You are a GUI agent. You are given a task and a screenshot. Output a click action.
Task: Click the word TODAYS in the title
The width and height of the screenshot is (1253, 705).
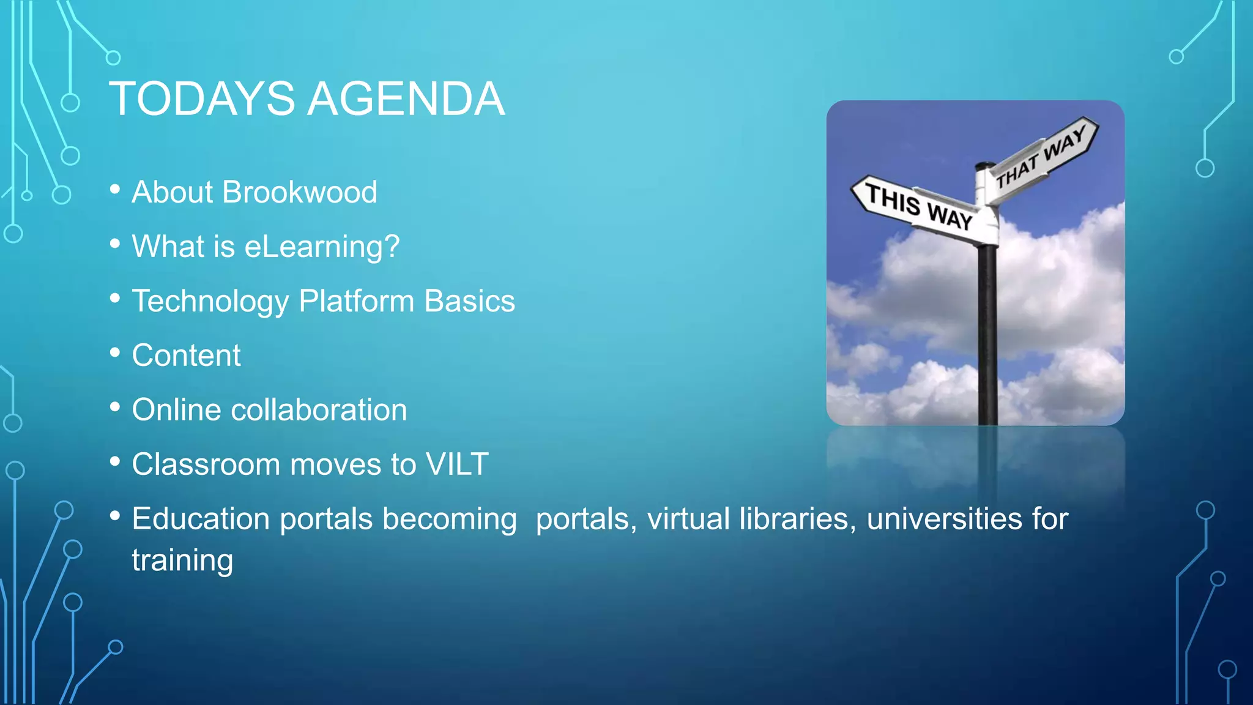click(x=202, y=99)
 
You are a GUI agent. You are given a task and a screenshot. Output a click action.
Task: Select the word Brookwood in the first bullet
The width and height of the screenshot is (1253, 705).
click(x=300, y=192)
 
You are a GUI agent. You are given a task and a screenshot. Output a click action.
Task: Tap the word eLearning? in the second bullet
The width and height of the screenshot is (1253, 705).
click(x=322, y=247)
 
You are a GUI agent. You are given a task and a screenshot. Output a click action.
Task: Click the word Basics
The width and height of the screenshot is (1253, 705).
click(x=469, y=301)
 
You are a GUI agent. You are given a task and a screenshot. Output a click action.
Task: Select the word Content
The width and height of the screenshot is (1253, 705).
click(x=187, y=356)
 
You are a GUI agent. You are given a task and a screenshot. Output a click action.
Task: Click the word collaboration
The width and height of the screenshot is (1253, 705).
click(x=319, y=410)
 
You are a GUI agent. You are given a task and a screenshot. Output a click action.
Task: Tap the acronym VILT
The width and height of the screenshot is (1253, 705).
click(x=457, y=464)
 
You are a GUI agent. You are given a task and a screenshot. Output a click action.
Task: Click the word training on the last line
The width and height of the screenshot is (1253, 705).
click(x=182, y=561)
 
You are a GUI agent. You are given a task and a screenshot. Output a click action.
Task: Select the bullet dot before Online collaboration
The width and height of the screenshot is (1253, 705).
click(x=115, y=407)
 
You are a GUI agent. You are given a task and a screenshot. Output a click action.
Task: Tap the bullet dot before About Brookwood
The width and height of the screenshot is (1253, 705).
click(x=115, y=189)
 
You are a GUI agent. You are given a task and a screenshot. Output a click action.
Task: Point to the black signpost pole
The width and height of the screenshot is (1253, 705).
click(x=987, y=337)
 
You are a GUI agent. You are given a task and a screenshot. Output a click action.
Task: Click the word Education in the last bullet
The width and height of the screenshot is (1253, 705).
click(x=201, y=519)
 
